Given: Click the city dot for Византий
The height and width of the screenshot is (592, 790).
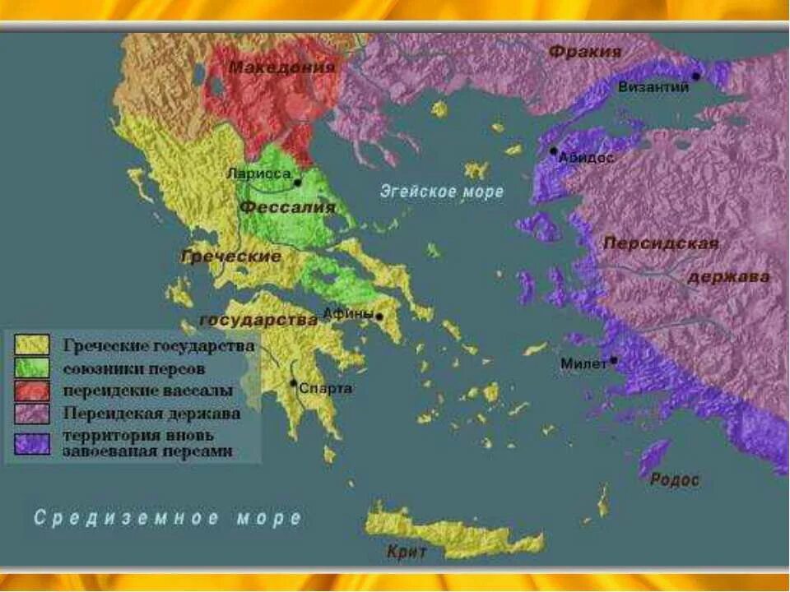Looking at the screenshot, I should click(x=695, y=76).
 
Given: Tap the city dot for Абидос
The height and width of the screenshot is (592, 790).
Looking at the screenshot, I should click(x=554, y=151).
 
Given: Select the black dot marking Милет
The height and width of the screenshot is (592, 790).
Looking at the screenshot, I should click(x=613, y=360).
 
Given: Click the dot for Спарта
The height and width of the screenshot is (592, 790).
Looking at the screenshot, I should click(x=293, y=382).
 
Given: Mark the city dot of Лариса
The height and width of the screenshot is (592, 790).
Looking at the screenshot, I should click(x=297, y=182).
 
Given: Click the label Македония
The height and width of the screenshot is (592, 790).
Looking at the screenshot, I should click(x=281, y=67).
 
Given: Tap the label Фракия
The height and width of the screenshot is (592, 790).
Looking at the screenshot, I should click(x=584, y=52).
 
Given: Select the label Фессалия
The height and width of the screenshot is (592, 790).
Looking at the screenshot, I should click(x=288, y=208).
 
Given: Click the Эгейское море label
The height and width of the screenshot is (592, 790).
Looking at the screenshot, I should click(x=441, y=192).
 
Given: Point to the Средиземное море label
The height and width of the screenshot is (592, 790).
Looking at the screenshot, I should click(x=168, y=518).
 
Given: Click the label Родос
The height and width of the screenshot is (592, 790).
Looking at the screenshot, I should click(x=674, y=479).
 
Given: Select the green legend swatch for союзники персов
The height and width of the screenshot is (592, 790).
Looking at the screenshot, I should click(x=32, y=368).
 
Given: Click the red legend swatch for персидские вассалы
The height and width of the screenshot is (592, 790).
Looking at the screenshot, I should click(x=32, y=390).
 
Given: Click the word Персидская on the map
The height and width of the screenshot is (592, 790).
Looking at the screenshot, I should click(x=661, y=243).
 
